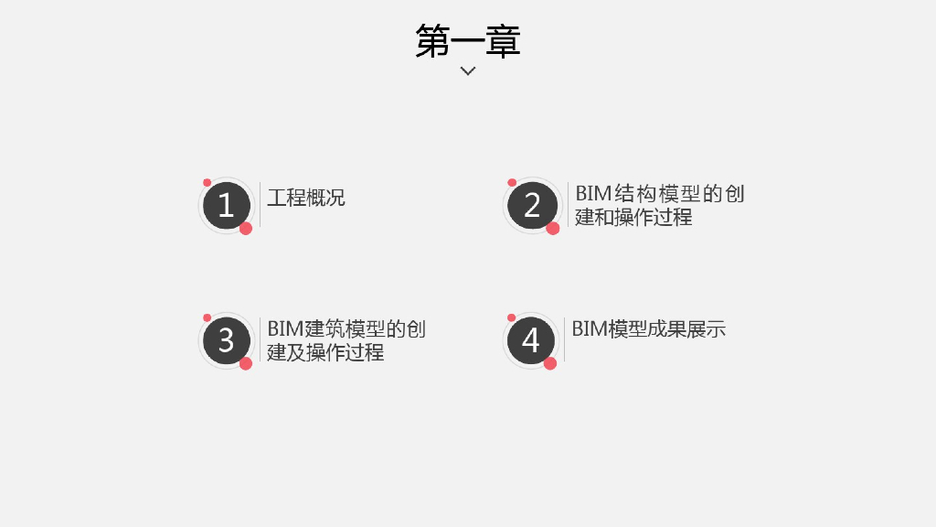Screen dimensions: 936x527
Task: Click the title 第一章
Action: pos(468,41)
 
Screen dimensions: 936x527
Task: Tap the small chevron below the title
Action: pos(468,70)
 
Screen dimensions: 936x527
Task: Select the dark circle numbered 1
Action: pos(226,205)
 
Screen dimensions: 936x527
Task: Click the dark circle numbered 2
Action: pos(532,205)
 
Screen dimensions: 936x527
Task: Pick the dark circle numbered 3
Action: pos(226,340)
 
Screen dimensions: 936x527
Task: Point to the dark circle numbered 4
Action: pos(530,340)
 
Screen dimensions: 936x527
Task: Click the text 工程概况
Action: pos(306,197)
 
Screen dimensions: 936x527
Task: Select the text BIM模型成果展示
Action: pos(649,329)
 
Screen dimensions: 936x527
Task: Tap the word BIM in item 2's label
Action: pos(591,194)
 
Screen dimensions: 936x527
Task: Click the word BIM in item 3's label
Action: pos(284,329)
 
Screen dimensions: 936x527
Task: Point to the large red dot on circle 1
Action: pos(246,228)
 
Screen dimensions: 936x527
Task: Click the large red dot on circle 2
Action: pos(553,228)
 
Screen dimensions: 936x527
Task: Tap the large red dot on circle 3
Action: pos(246,363)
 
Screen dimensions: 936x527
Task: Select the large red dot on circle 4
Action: pos(550,363)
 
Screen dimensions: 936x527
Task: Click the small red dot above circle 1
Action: pos(207,183)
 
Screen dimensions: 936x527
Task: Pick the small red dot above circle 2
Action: pos(512,183)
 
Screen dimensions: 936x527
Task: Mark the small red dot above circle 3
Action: pos(207,317)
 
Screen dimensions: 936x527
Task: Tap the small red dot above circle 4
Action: pos(512,317)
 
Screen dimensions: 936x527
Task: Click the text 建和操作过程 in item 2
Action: pos(633,218)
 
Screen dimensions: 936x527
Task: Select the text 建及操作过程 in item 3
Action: pos(325,353)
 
